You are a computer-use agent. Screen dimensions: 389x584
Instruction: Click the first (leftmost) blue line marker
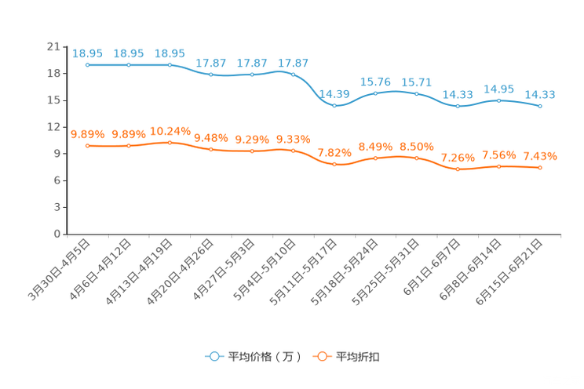pos(88,65)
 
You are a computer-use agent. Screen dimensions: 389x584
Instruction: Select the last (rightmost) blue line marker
pos(540,106)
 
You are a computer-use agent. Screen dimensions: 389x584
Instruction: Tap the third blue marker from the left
pos(170,65)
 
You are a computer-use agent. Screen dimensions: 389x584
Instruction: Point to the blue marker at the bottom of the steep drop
pos(335,105)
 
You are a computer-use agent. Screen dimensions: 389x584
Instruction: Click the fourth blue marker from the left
pos(211,75)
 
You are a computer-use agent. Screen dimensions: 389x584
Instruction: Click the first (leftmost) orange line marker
pos(88,146)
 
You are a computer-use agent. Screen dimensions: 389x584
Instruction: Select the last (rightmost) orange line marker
pos(540,167)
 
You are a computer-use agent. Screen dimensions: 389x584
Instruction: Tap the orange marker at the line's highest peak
pos(170,142)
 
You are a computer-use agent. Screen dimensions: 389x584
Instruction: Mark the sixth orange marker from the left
pos(294,150)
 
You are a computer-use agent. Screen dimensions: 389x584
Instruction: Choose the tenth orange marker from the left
pos(458,169)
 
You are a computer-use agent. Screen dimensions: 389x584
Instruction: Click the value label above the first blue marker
pos(88,53)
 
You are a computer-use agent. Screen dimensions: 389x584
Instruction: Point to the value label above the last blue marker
pos(540,94)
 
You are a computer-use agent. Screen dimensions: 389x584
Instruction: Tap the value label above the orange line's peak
pos(170,130)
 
